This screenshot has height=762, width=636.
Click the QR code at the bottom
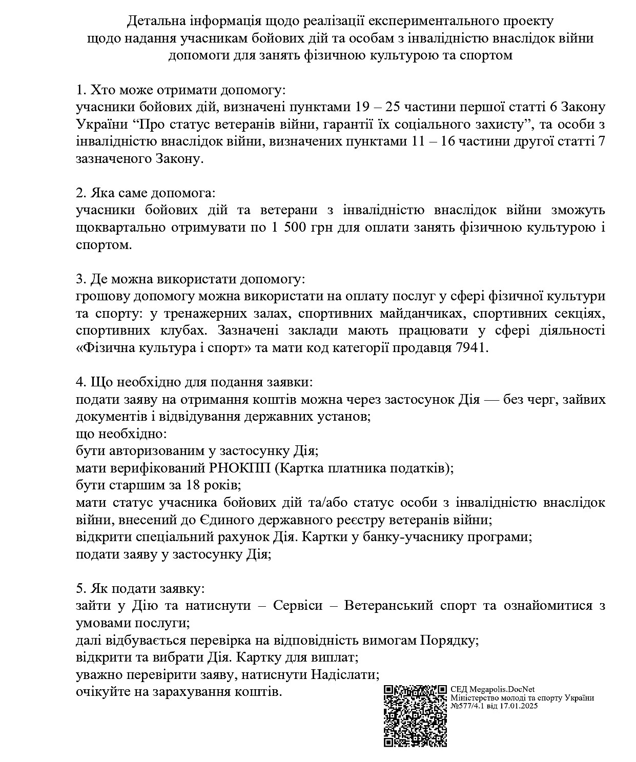415,715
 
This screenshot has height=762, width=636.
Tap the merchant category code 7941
471,348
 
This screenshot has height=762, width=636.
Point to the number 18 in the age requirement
186,485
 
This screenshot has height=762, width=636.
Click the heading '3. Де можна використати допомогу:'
190,279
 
